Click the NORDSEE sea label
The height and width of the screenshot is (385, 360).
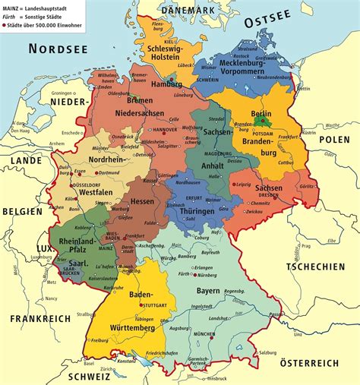[57, 49]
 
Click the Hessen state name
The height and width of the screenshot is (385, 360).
[142, 202]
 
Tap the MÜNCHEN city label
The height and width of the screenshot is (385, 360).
[226, 333]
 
